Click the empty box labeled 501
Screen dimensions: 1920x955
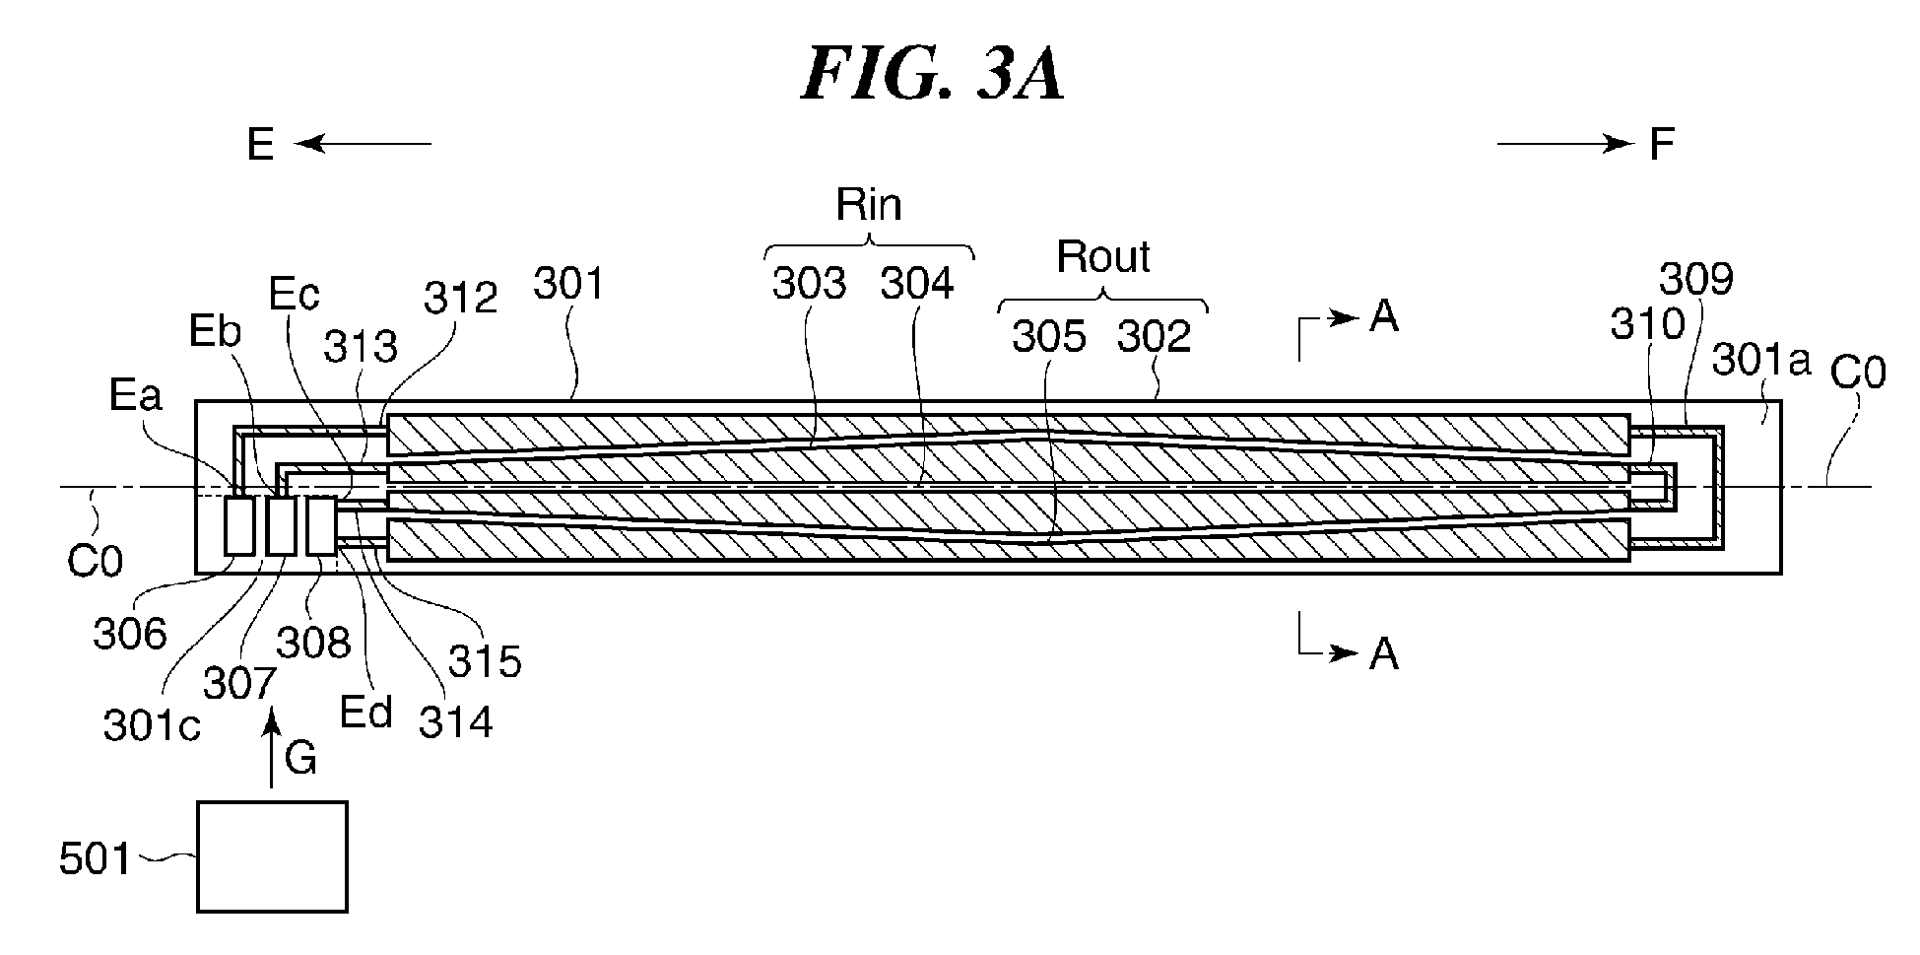click(272, 855)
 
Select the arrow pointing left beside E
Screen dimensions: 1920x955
click(362, 145)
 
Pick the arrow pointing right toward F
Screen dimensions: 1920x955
click(1565, 145)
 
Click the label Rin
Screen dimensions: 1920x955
click(869, 204)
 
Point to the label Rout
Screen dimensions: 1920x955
click(1103, 257)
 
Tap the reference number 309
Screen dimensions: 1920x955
click(1695, 280)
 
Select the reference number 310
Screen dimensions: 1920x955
click(1647, 322)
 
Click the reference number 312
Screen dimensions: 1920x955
click(460, 297)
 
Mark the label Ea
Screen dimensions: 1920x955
click(136, 395)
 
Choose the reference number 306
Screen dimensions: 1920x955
click(130, 634)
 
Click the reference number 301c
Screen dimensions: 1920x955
click(152, 725)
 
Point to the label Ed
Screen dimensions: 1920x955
click(366, 712)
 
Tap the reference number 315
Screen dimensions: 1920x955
click(485, 661)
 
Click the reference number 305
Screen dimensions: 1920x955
click(1049, 337)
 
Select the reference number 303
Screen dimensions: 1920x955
click(809, 284)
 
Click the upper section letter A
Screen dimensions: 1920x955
click(1385, 316)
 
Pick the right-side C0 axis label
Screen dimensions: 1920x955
click(1858, 375)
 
